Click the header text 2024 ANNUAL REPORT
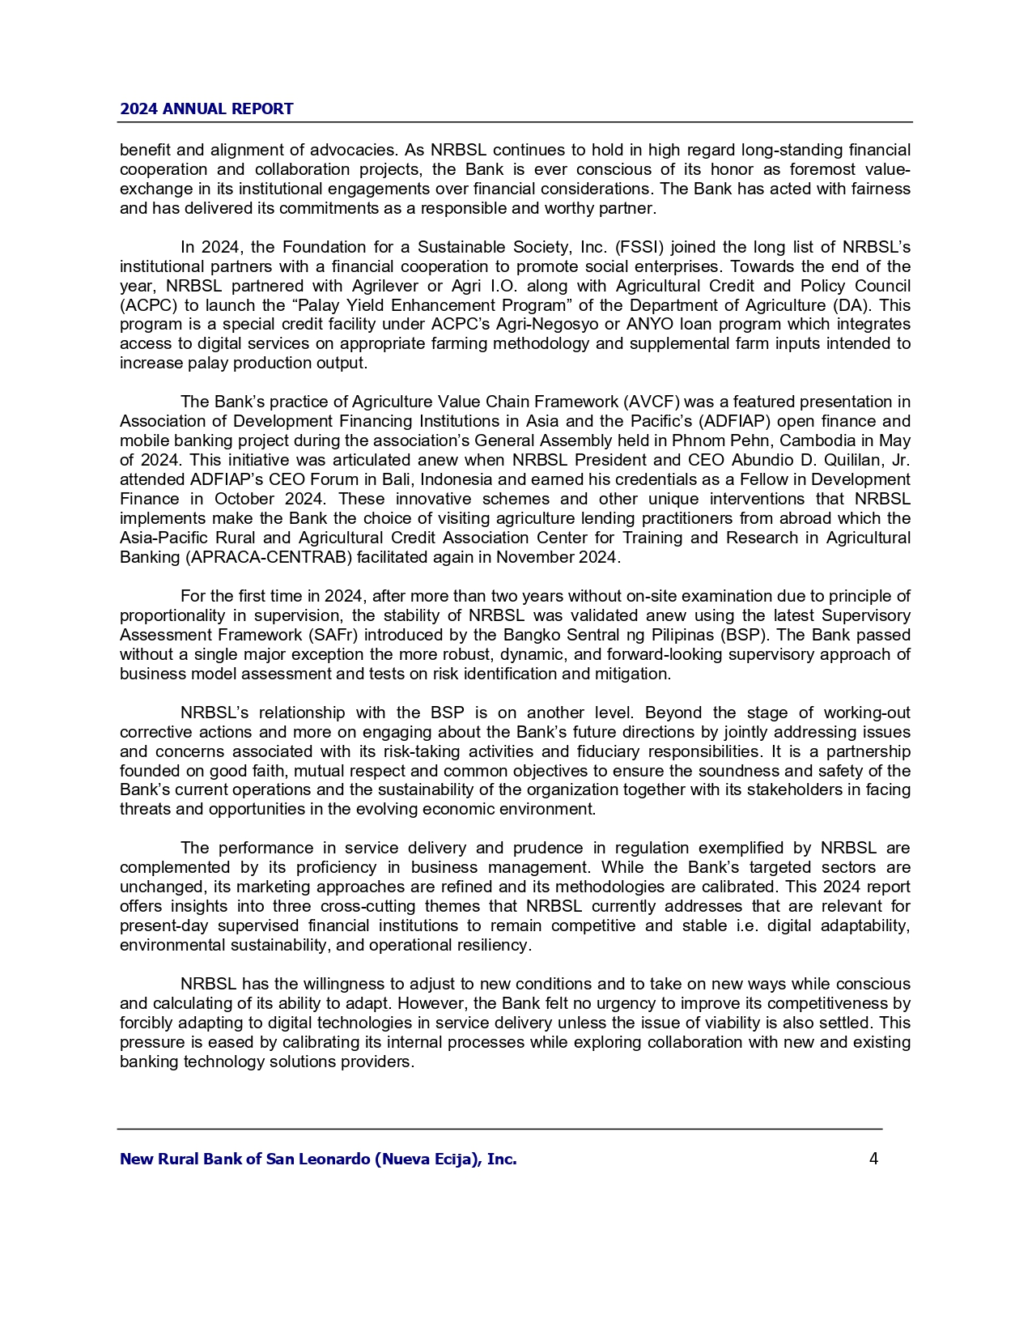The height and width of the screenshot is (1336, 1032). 206,109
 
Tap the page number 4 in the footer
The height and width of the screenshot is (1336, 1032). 873,1159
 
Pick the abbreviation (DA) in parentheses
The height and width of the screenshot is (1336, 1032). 850,305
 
